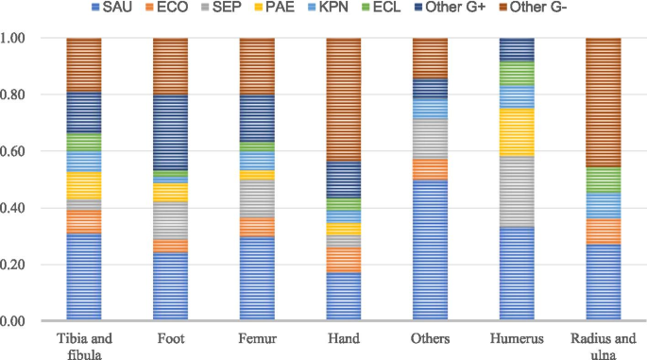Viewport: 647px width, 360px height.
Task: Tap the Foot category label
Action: pos(170,336)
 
